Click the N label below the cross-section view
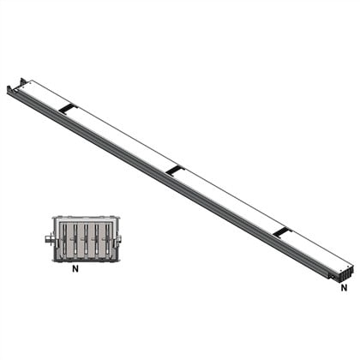coord(75,268)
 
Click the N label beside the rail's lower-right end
coord(344,288)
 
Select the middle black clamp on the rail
coord(174,170)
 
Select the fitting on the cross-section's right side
coord(118,239)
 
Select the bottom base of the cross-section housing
coord(85,259)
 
